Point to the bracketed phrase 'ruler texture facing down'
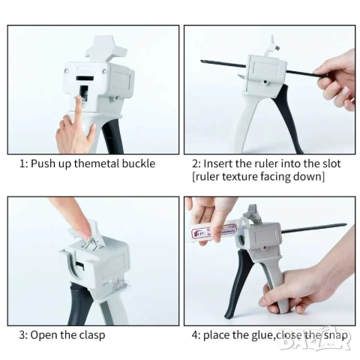[258, 176]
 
